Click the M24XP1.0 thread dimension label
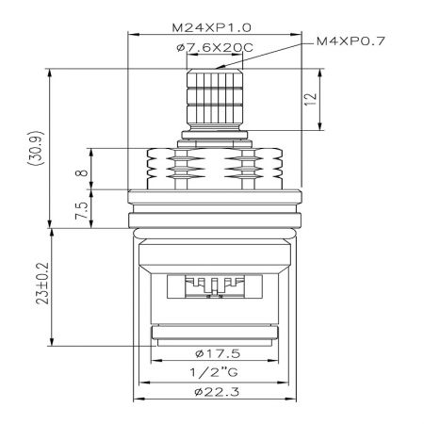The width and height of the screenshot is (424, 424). [211, 28]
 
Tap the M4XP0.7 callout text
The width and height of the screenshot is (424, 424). [351, 41]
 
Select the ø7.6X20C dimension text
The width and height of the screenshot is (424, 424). [215, 48]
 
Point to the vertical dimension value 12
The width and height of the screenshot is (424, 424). [311, 99]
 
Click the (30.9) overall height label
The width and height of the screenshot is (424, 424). [36, 148]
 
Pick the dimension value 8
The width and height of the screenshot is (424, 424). [82, 172]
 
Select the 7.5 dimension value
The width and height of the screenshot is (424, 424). [82, 210]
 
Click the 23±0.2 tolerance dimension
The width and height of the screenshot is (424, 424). [42, 284]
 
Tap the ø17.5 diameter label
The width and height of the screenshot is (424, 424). [218, 354]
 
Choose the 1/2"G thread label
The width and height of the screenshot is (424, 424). [214, 373]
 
